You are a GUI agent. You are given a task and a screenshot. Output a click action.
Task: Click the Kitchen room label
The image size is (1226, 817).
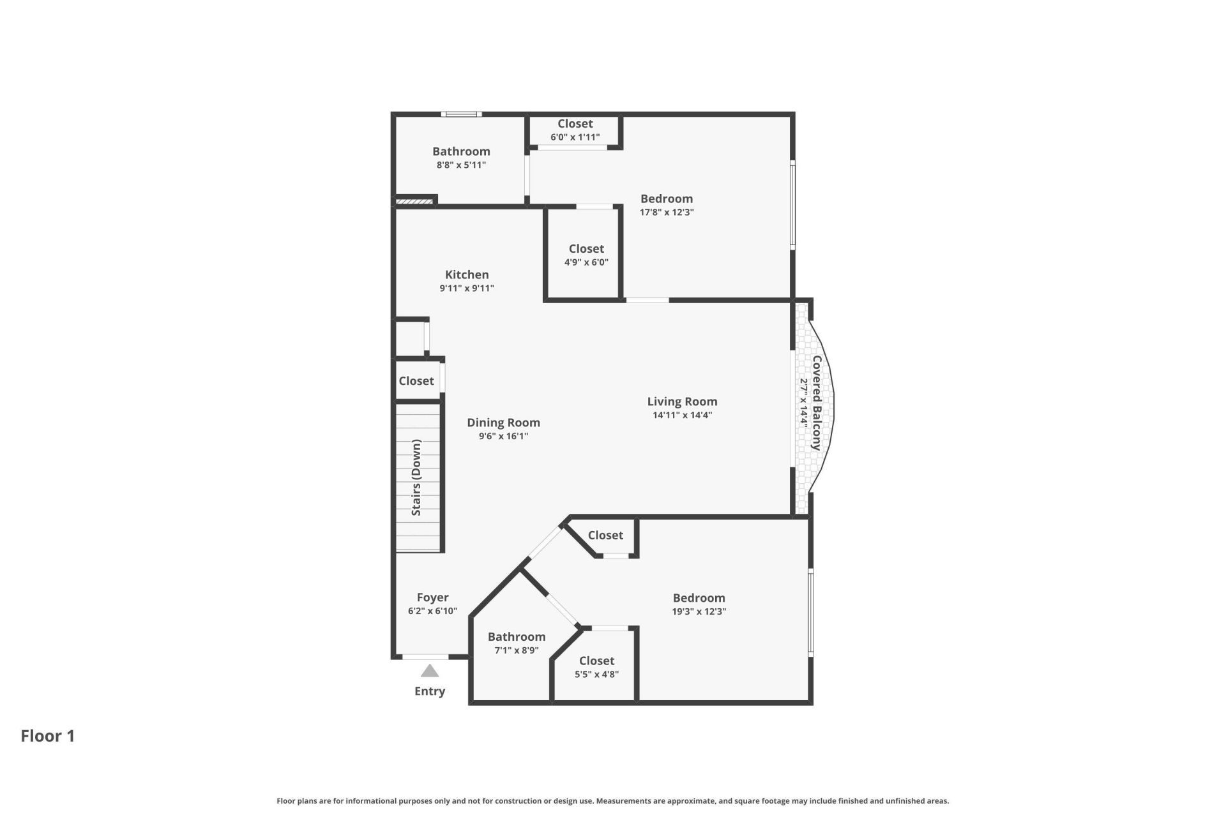click(467, 274)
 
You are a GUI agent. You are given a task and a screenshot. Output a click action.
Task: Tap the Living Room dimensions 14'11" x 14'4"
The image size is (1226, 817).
click(682, 415)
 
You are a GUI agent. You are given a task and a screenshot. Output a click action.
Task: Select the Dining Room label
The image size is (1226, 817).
click(503, 423)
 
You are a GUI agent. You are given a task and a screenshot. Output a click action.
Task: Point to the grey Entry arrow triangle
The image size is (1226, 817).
click(430, 671)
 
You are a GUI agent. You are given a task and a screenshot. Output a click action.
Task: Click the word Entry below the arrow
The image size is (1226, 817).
click(430, 691)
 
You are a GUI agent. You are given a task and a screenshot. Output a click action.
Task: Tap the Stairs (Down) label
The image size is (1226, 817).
click(416, 477)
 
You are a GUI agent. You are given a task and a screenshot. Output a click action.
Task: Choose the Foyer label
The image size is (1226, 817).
click(432, 597)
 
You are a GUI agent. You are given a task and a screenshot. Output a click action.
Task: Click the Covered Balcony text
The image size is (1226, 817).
click(817, 403)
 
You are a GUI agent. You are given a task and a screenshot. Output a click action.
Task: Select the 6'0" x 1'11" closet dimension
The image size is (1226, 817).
click(575, 137)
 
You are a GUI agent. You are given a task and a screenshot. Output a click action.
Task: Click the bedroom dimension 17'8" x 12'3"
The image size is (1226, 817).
click(667, 212)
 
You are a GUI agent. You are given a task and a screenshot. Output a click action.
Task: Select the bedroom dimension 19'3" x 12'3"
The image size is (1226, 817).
click(699, 611)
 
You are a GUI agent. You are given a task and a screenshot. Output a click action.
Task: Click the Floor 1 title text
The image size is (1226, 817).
click(48, 736)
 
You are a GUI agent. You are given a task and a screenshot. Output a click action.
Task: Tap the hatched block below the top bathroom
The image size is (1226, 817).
click(414, 202)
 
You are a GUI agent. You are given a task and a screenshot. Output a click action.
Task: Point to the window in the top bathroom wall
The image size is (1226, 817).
click(461, 114)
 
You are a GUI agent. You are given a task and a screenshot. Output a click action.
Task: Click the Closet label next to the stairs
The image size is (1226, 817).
click(416, 381)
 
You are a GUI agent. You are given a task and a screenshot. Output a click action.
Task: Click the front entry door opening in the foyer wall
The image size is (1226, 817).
click(425, 657)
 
